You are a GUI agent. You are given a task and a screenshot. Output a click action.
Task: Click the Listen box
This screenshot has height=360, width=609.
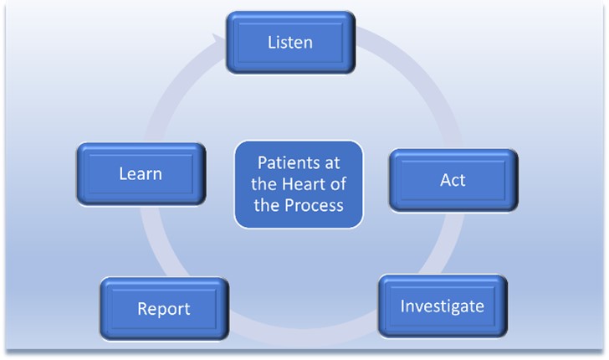[x=290, y=41]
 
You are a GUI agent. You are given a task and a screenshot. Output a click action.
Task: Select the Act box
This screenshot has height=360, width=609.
[x=453, y=180]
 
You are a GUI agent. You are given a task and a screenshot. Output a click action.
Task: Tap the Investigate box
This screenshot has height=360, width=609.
[x=442, y=306]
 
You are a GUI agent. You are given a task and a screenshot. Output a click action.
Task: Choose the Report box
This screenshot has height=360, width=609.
[x=164, y=308]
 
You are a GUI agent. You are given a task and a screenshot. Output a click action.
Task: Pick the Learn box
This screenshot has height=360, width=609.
[x=141, y=174]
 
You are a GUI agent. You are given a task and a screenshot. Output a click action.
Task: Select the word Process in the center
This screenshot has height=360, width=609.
[x=315, y=205]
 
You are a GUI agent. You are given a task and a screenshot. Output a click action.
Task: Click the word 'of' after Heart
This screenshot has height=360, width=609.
[x=342, y=183]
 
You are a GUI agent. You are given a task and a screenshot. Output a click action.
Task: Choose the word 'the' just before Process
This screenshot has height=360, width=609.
[x=269, y=205]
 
